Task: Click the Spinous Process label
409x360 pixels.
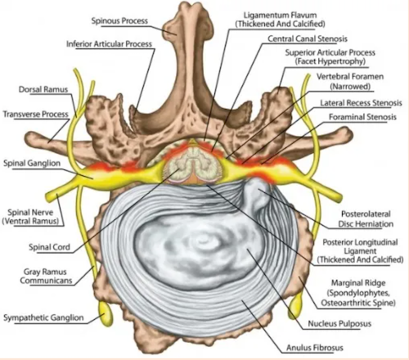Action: (119, 20)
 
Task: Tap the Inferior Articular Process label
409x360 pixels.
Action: (109, 44)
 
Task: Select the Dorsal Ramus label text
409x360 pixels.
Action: (43, 89)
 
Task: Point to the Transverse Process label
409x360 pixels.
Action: (35, 114)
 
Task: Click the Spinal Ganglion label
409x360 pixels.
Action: (32, 163)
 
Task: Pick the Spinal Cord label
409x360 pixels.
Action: (49, 247)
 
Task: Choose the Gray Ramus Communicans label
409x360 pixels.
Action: (46, 276)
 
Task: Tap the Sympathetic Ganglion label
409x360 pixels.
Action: (43, 317)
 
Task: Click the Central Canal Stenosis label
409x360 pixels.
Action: (308, 38)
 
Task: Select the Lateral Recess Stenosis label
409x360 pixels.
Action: (361, 103)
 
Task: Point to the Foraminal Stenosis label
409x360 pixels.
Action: (362, 117)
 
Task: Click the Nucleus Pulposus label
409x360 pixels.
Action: (339, 324)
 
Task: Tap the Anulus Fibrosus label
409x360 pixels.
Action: (315, 348)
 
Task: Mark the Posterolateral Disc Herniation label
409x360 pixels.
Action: (366, 219)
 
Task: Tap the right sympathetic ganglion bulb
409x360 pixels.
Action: (296, 305)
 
